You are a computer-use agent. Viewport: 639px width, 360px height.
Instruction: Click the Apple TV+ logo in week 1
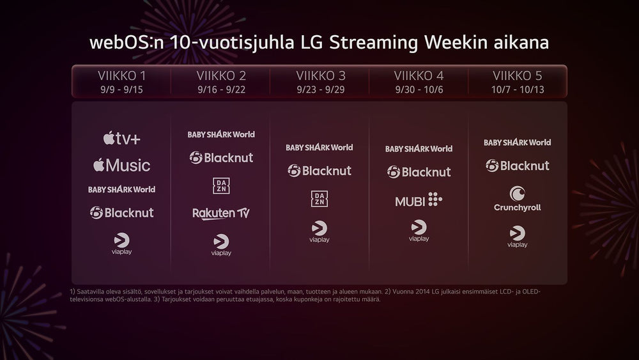click(121, 137)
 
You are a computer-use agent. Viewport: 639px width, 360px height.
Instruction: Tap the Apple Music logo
click(121, 165)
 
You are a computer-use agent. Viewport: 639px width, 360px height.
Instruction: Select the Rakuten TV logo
click(221, 213)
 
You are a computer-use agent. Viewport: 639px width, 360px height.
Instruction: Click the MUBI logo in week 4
click(419, 200)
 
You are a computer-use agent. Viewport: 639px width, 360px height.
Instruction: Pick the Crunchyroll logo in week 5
click(518, 198)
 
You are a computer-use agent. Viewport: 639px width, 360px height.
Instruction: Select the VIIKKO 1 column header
click(121, 75)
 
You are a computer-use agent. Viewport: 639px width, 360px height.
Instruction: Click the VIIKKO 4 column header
click(419, 75)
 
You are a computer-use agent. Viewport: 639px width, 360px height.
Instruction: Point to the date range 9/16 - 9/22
click(221, 89)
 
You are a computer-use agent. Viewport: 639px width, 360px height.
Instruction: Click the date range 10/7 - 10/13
click(518, 89)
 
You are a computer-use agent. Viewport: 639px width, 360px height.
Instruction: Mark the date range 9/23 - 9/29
click(320, 89)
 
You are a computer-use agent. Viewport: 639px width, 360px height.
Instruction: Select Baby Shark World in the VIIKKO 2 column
click(221, 134)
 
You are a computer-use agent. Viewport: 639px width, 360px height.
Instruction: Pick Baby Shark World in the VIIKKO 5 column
click(518, 142)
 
